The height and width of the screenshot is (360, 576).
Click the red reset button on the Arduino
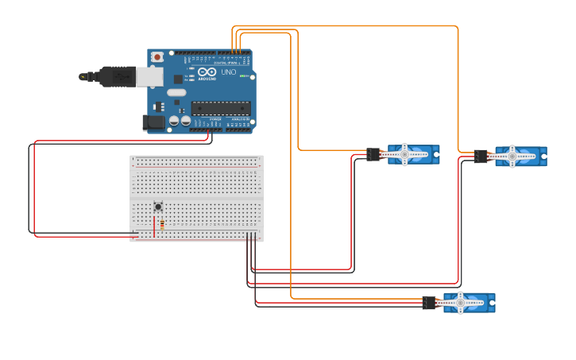pyautogui.click(x=157, y=56)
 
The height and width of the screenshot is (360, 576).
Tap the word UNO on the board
pyautogui.click(x=228, y=72)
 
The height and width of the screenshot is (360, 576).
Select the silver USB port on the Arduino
pyautogui.click(x=149, y=76)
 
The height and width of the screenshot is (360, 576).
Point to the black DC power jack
pyautogui.click(x=153, y=122)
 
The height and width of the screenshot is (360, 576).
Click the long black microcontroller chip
pyautogui.click(x=221, y=108)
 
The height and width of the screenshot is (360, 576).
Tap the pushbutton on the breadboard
pyautogui.click(x=158, y=207)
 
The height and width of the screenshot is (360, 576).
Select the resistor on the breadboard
pyautogui.click(x=162, y=225)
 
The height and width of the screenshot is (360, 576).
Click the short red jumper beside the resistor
pyautogui.click(x=153, y=226)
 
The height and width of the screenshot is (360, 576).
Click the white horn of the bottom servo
pyautogui.click(x=459, y=302)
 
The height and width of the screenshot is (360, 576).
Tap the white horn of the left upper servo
pyautogui.click(x=404, y=154)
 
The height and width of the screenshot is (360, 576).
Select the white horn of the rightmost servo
pyautogui.click(x=512, y=157)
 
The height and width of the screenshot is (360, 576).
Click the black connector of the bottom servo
pyautogui.click(x=429, y=303)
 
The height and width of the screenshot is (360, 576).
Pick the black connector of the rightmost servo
pyautogui.click(x=481, y=157)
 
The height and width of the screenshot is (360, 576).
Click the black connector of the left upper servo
pyautogui.click(x=373, y=154)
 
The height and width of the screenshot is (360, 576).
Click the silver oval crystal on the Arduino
pyautogui.click(x=176, y=92)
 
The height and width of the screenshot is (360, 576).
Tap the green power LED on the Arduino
pyautogui.click(x=243, y=77)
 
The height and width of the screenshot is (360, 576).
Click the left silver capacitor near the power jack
pyautogui.click(x=173, y=121)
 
